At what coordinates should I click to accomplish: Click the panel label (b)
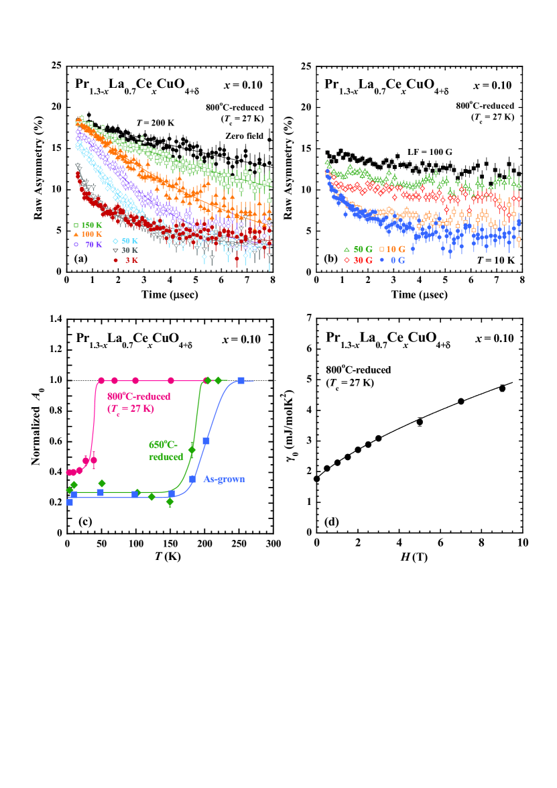click(327, 259)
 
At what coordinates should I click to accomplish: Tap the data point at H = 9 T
click(502, 388)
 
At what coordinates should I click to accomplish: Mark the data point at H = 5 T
click(420, 422)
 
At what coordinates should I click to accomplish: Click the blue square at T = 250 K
click(241, 381)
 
